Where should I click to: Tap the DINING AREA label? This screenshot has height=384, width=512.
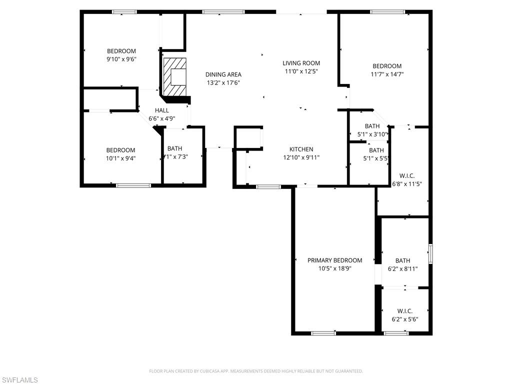point(223,74)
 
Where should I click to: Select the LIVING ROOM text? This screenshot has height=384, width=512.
point(301,63)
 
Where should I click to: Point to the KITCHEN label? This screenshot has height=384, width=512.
point(301,149)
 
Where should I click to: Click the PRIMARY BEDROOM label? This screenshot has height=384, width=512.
point(334,260)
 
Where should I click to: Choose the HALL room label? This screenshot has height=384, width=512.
point(161,110)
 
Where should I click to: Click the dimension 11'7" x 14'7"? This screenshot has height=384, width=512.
point(387,74)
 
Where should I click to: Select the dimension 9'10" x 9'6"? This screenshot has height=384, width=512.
point(121,59)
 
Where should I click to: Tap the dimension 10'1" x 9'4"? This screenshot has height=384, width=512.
point(120,158)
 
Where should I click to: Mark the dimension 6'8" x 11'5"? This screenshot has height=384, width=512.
point(407,183)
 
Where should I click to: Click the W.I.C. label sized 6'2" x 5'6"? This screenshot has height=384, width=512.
point(405,311)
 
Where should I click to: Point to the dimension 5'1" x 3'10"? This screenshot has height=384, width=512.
point(372,134)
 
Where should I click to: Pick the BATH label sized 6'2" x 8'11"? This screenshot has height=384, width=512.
point(402,260)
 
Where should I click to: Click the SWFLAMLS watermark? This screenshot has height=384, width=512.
point(19,380)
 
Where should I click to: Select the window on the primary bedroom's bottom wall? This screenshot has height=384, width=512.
point(323,332)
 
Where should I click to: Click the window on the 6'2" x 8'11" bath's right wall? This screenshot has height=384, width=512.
point(430,254)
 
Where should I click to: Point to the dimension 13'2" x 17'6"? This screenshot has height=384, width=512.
point(223,82)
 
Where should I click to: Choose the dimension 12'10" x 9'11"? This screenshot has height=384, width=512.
point(301,157)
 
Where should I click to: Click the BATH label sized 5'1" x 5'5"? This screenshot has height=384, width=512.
point(376,150)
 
